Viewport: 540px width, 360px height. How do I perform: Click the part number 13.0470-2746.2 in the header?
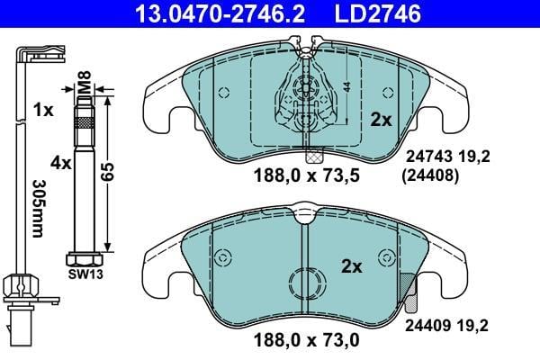(220, 13)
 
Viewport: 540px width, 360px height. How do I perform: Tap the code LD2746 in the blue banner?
(378, 13)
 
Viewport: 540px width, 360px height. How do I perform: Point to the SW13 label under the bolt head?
(85, 274)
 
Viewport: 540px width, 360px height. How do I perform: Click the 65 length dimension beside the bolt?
(107, 172)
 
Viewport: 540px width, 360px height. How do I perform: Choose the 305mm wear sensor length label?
(38, 209)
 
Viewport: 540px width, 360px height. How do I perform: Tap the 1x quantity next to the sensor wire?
(43, 110)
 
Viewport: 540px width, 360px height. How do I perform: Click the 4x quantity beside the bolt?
(61, 163)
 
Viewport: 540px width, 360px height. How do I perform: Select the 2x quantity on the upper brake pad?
(382, 120)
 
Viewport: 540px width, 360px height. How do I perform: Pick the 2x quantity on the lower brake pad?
(352, 266)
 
